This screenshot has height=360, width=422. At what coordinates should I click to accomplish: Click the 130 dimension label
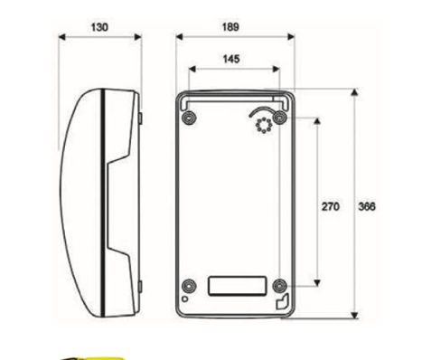pyautogui.click(x=99, y=27)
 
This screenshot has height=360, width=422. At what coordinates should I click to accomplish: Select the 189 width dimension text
pyautogui.click(x=230, y=27)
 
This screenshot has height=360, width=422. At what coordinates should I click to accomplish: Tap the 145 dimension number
pyautogui.click(x=231, y=59)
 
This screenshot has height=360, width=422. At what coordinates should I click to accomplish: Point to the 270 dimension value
pyautogui.click(x=331, y=206)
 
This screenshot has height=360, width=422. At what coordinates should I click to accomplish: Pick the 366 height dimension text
pyautogui.click(x=367, y=206)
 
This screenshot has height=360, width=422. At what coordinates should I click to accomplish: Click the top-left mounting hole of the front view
pyautogui.click(x=189, y=118)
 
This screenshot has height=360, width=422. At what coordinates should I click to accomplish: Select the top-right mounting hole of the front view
pyautogui.click(x=280, y=118)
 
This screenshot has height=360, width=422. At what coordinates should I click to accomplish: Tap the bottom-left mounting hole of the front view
pyautogui.click(x=189, y=285)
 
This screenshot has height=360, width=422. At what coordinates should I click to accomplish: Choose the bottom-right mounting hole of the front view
pyautogui.click(x=280, y=285)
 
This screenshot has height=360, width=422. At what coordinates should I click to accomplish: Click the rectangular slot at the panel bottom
pyautogui.click(x=238, y=286)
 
